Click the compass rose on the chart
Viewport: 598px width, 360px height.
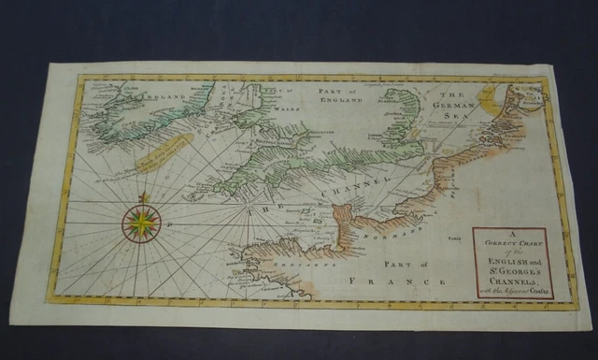click(141, 223)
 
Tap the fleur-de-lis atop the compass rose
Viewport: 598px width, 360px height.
click(141, 198)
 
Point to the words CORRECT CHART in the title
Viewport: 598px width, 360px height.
click(509, 240)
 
